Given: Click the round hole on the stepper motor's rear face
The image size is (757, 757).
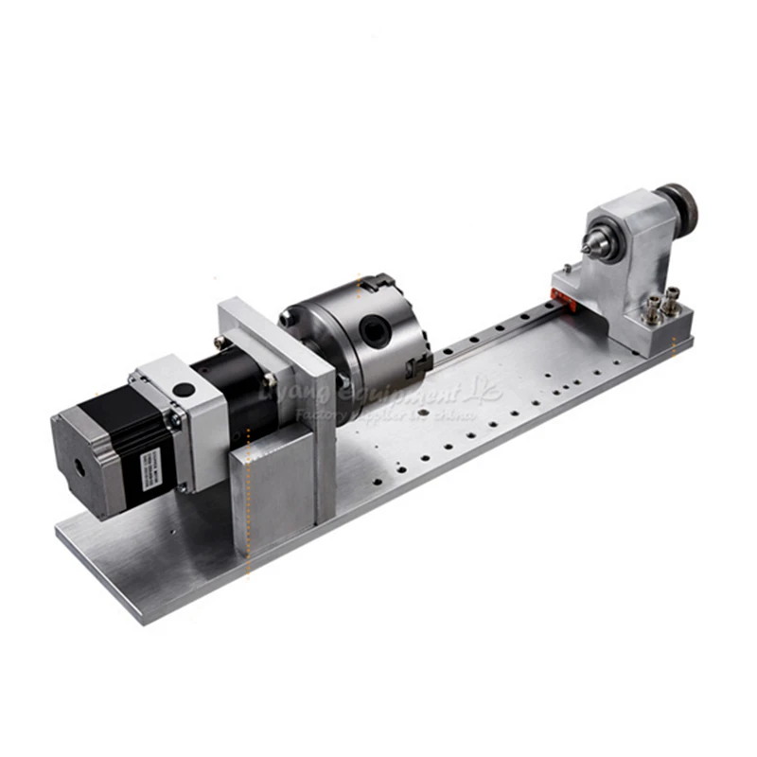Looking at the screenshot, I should click(x=78, y=466).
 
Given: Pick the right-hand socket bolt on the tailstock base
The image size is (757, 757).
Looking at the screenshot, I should click(x=672, y=302).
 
